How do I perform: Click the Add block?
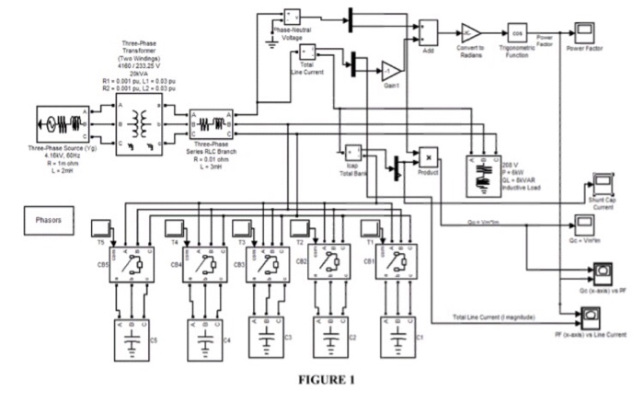click(428, 30)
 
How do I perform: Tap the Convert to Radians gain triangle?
click(469, 30)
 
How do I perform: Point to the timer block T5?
click(101, 225)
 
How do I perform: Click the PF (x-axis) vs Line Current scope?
click(589, 318)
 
